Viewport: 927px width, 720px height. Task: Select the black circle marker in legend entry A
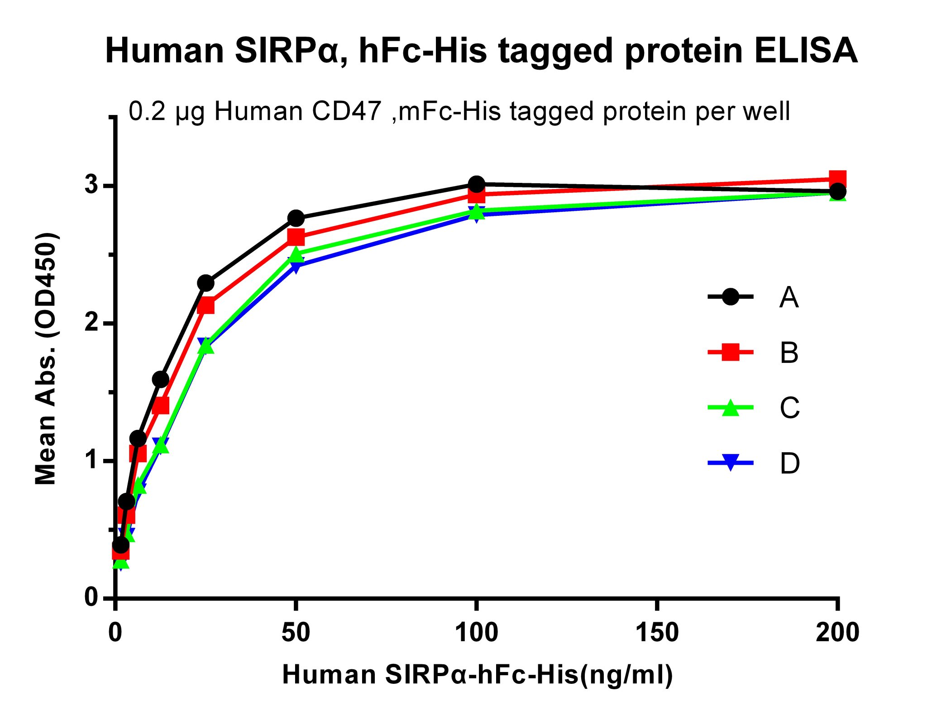pos(730,297)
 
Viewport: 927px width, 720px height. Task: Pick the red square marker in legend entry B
pos(730,352)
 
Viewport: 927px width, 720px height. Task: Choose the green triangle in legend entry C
pos(730,407)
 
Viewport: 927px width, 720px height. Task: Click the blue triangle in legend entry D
pos(730,463)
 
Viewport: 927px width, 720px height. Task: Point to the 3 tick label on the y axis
pos(92,185)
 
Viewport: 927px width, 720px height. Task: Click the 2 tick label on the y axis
pos(92,323)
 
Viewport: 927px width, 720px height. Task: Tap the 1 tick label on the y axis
pos(92,460)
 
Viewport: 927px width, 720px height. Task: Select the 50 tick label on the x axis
pos(296,632)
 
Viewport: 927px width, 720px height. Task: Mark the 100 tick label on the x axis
pos(476,632)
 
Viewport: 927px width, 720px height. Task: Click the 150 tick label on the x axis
pos(657,632)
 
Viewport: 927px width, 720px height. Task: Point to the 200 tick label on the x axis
pos(837,632)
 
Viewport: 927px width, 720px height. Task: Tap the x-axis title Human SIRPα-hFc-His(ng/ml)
pos(478,675)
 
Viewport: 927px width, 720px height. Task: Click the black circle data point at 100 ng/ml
pos(476,184)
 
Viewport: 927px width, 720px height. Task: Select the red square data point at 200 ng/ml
pos(837,178)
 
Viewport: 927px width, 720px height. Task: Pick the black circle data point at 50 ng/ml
pos(296,219)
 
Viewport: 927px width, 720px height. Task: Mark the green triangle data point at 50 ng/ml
pos(296,254)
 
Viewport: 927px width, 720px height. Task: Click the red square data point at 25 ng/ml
pos(206,305)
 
